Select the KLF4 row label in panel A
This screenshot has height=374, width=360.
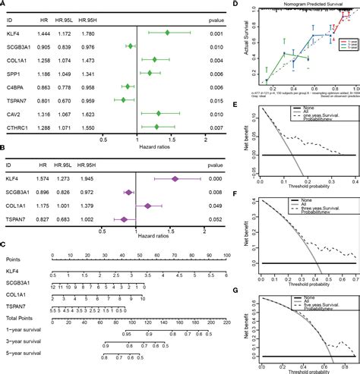[x=14, y=33]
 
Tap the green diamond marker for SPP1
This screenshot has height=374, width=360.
[x=150, y=74]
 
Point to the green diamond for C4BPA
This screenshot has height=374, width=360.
[x=127, y=87]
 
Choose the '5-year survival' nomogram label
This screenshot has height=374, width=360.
[x=23, y=351]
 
